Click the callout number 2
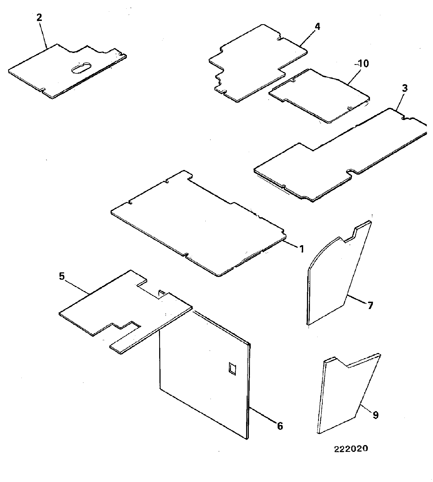click(x=39, y=18)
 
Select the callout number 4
click(x=317, y=27)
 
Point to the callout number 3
click(x=405, y=89)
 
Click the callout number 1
click(x=301, y=249)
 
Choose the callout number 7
click(x=370, y=305)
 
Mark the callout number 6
click(x=280, y=426)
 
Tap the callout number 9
click(x=376, y=415)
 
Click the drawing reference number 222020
click(x=351, y=449)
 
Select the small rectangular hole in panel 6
click(x=232, y=369)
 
